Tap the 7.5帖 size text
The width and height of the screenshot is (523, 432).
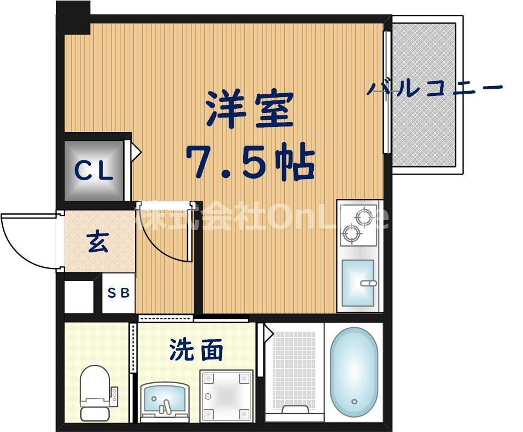click(x=250, y=162)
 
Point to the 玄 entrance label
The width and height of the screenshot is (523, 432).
click(x=98, y=242)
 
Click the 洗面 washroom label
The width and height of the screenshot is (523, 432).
click(x=196, y=350)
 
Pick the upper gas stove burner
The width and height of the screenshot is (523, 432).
click(x=365, y=217)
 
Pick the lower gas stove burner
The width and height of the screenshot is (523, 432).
click(x=351, y=233)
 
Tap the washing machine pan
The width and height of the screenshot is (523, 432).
click(x=227, y=396)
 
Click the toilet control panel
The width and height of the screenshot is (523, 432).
click(x=114, y=394)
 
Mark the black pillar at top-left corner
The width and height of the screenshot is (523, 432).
click(x=74, y=17)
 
